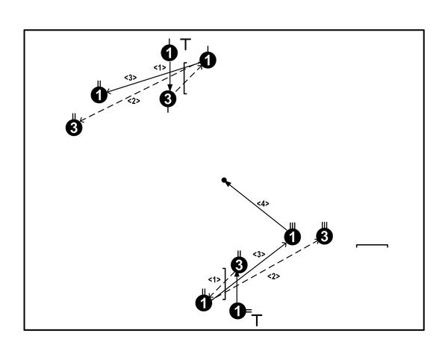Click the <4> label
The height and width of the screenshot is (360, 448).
[x=263, y=203]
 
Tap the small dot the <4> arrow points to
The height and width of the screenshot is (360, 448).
[x=224, y=180]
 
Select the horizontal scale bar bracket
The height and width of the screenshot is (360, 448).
[x=372, y=245]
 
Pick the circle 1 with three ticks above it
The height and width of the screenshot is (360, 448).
[x=293, y=238]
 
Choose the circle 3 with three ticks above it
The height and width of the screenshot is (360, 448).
[x=324, y=237]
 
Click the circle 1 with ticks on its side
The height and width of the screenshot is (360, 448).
[x=238, y=311]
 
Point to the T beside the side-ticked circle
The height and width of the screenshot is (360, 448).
[x=257, y=320]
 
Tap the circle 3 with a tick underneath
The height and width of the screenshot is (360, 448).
[x=169, y=98]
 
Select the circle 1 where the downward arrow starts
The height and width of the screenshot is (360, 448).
[x=169, y=52]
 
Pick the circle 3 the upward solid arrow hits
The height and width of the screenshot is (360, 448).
[x=238, y=265]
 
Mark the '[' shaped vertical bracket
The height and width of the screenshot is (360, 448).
[x=186, y=78]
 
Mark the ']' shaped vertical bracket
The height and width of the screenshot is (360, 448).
[x=224, y=282]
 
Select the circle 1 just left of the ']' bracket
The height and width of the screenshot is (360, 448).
[x=203, y=302]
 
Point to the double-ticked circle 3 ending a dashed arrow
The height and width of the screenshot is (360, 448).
[x=74, y=127]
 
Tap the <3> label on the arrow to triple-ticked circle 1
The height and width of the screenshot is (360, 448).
[x=259, y=255]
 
